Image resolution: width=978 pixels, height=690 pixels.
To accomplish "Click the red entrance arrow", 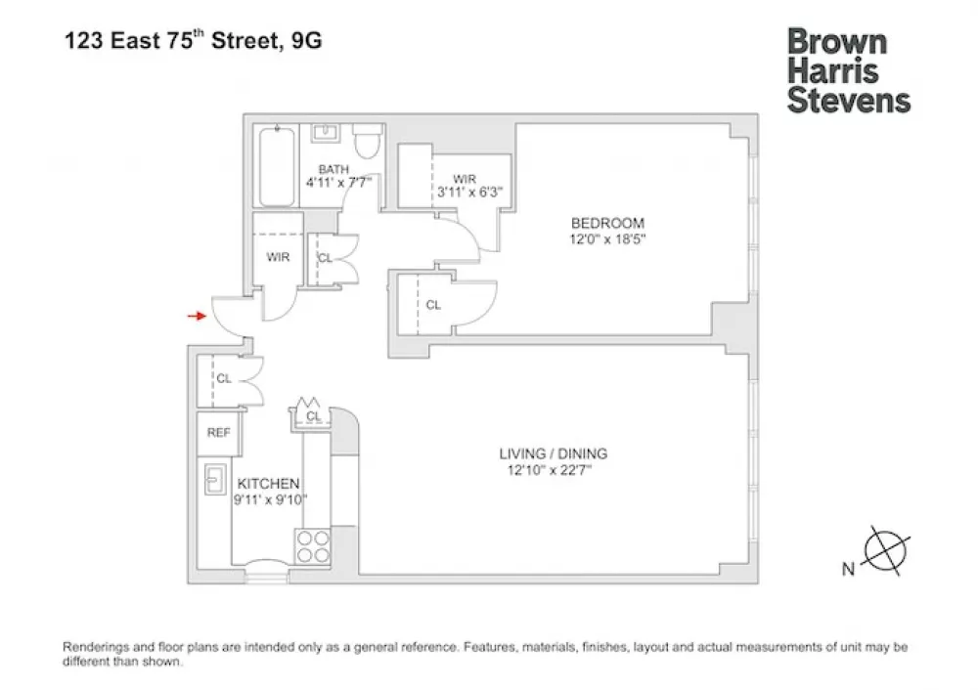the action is (198, 316).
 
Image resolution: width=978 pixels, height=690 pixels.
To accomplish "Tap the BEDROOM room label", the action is (607, 223).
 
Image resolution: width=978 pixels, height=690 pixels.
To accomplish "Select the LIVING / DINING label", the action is (554, 453).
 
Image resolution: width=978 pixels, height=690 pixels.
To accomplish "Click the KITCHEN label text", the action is (268, 484).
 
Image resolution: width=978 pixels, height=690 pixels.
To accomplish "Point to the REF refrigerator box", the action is (218, 432).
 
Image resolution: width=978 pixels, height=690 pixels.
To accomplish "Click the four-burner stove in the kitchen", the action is (313, 546).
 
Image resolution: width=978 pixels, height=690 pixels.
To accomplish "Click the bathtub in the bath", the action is (277, 166).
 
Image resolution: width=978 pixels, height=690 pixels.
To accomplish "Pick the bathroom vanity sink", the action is (325, 133).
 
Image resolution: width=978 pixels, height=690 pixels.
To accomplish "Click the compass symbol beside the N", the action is (886, 551).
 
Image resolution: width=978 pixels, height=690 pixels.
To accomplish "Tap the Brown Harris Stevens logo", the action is (848, 71).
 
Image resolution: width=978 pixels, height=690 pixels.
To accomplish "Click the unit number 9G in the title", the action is (306, 40).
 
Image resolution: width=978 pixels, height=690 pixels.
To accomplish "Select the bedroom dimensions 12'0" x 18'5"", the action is (607, 239).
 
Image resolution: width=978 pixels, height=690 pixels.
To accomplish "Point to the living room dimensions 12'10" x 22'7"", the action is (550, 470).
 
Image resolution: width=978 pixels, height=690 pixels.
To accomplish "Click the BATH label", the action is (333, 169).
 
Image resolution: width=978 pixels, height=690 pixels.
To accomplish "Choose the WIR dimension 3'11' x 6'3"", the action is (469, 192).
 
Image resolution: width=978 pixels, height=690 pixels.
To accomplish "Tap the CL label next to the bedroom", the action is (433, 305).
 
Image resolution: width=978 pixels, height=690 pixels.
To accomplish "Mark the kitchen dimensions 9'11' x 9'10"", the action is (271, 499).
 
